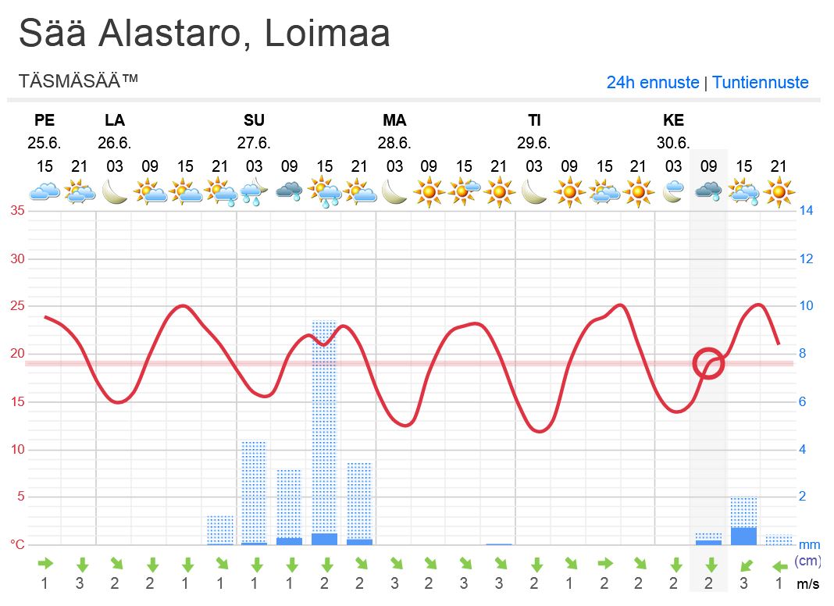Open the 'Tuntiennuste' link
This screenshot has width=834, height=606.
pyautogui.click(x=760, y=82)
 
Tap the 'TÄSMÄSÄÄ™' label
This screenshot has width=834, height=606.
pyautogui.click(x=78, y=80)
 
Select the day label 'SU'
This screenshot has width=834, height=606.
pyautogui.click(x=254, y=120)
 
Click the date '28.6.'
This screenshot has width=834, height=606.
pyautogui.click(x=394, y=143)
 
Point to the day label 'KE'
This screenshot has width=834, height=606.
pyautogui.click(x=673, y=120)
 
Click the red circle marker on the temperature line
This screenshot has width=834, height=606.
pyautogui.click(x=709, y=363)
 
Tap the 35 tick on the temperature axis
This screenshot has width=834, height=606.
pyautogui.click(x=17, y=211)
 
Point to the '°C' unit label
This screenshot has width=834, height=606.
pyautogui.click(x=17, y=544)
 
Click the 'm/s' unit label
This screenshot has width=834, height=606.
pyautogui.click(x=808, y=583)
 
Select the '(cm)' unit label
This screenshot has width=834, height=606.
pyautogui.click(x=807, y=561)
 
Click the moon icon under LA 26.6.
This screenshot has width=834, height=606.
pyautogui.click(x=115, y=191)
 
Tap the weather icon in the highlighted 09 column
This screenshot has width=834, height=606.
pyautogui.click(x=708, y=191)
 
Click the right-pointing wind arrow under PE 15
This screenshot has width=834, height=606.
pyautogui.click(x=45, y=563)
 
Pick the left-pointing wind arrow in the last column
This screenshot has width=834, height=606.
pyautogui.click(x=779, y=565)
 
